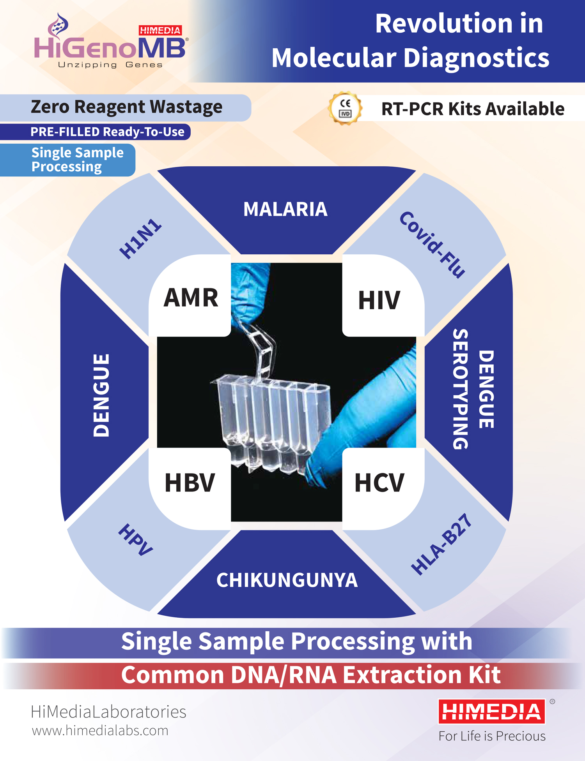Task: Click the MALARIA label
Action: (285, 209)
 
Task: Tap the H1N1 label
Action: (140, 239)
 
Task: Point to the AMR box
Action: (190, 296)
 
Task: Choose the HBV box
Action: (190, 488)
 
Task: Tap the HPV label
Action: (136, 540)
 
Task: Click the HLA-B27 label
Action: (441, 544)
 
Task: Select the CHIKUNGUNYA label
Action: (287, 580)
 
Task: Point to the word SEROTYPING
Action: (461, 389)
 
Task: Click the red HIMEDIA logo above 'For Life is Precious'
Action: (491, 712)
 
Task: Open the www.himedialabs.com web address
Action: (100, 731)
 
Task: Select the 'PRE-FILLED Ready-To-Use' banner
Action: (95, 132)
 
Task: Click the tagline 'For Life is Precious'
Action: (492, 736)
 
